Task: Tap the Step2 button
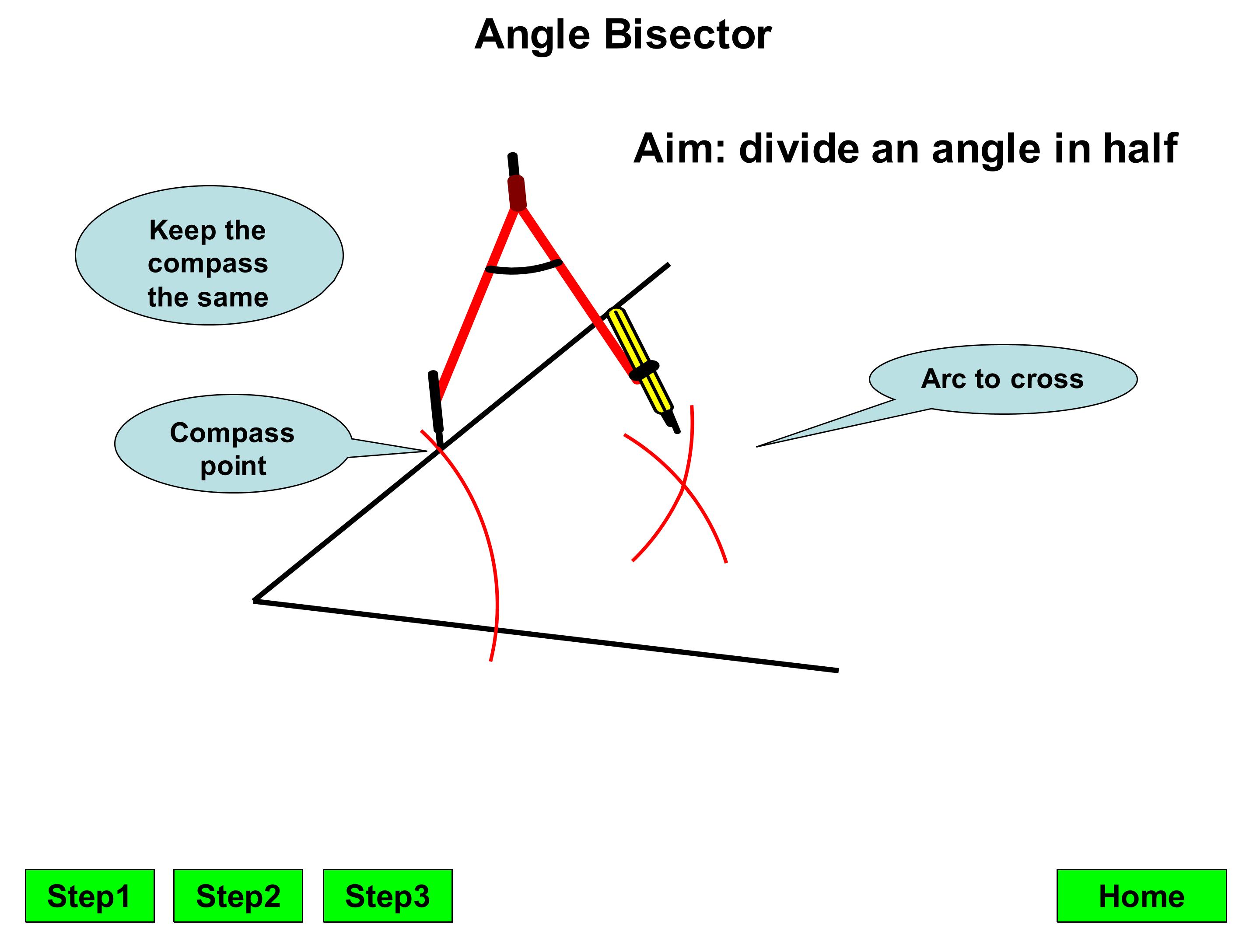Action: coord(238,896)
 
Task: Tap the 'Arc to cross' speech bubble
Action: coord(1003,379)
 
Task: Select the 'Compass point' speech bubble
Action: coord(234,444)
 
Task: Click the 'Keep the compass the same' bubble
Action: coord(209,255)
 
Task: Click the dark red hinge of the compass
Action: coord(517,192)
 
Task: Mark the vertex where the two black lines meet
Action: coord(255,600)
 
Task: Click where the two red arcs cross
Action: coord(683,484)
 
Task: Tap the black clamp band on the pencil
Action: coord(645,370)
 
